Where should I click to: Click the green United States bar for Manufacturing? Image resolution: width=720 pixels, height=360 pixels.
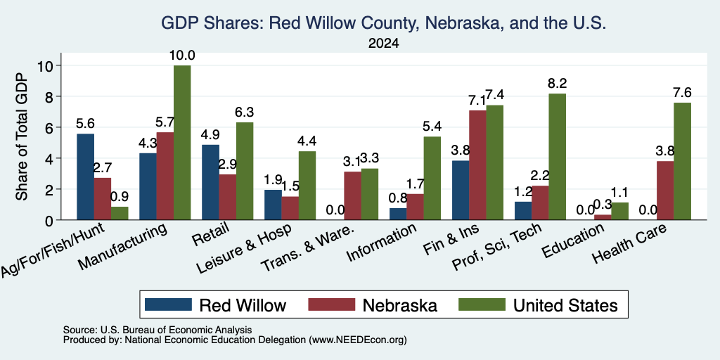pos(182,142)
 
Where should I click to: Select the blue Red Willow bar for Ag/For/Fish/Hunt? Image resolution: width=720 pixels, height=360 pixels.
pos(85,176)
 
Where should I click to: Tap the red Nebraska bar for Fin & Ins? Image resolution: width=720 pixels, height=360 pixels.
pos(477,165)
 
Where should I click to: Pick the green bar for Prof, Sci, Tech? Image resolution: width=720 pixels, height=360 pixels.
pos(558,157)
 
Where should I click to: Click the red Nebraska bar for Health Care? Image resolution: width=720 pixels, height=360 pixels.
pos(665,191)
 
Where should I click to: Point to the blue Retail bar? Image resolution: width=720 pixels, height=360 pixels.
pos(210,182)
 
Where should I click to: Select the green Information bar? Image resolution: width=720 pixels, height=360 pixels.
pos(432,178)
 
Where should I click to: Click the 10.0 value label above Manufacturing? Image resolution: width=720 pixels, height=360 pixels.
pos(182,56)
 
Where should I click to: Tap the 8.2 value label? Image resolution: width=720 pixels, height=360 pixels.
pos(558,84)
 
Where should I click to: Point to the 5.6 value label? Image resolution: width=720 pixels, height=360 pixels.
pos(85,124)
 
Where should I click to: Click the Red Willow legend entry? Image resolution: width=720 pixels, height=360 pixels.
pos(215,305)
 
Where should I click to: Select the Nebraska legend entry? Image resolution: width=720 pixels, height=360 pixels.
pos(373,305)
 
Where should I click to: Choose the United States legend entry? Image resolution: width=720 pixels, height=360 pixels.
pos(538,305)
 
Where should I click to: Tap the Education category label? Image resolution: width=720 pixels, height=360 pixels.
pos(573,240)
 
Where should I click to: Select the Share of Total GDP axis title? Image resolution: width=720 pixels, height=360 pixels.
pos(22,137)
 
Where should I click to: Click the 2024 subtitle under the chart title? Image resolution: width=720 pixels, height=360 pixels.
pos(383,44)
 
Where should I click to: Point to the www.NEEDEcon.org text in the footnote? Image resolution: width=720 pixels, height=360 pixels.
pos(357,340)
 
